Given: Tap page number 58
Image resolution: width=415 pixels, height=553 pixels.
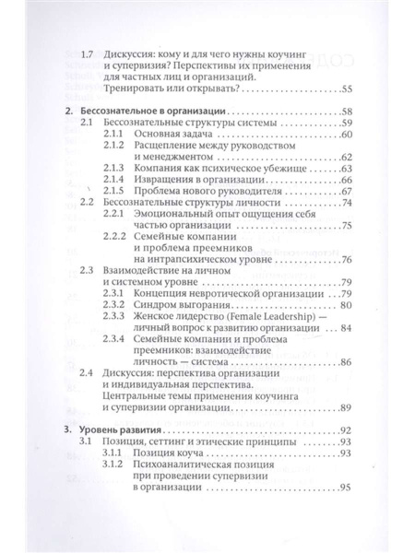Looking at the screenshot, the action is click(346, 112).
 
